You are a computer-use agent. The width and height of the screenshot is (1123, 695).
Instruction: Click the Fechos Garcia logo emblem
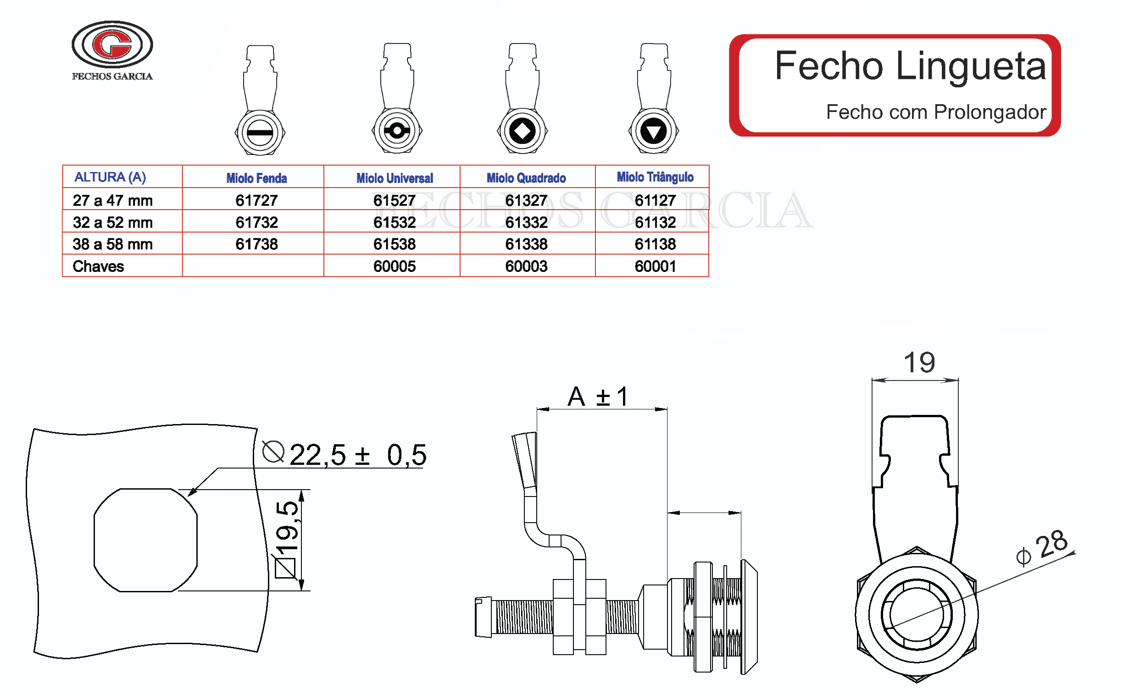(x=112, y=44)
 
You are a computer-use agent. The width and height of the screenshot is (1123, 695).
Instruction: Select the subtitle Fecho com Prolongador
(x=935, y=112)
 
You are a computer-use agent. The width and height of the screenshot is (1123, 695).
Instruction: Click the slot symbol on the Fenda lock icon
(x=260, y=132)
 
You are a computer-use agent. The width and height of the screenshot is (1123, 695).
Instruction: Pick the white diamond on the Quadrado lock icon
(x=523, y=131)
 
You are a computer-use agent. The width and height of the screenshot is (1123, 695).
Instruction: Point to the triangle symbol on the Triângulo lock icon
(x=653, y=132)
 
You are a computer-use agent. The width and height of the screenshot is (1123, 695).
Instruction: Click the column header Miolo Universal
(x=394, y=178)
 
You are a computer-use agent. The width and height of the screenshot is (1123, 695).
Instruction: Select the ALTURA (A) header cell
(x=111, y=177)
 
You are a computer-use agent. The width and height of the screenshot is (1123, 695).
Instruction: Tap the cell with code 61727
(x=256, y=200)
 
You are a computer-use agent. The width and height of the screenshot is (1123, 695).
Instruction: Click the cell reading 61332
(x=526, y=222)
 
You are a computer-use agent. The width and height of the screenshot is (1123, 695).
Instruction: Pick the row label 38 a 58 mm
(x=113, y=244)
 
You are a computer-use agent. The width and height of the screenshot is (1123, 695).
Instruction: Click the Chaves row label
(x=99, y=266)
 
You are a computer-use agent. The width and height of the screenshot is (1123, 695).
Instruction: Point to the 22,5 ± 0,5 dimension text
(x=358, y=455)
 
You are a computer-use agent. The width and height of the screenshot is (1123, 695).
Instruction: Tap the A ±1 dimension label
(x=598, y=396)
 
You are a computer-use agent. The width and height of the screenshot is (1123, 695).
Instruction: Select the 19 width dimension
(x=919, y=362)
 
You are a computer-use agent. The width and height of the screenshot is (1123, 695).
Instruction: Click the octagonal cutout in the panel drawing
(x=145, y=540)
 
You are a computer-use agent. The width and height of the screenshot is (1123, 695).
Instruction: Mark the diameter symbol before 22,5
(x=273, y=452)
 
